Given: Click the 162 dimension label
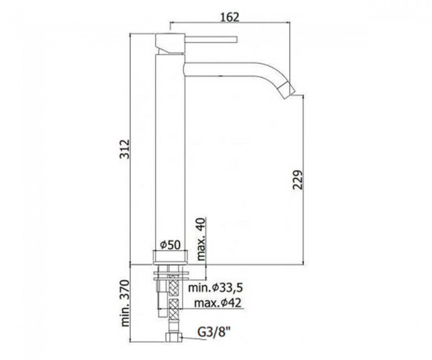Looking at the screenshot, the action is point(230,17).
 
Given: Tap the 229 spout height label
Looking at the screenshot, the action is point(297,180).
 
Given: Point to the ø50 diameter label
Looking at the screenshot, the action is point(170,245).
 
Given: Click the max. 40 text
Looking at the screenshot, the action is point(202,239).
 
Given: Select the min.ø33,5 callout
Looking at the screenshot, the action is point(215,288).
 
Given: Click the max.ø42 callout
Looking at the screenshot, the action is point(218,303).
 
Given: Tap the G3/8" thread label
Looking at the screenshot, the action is point(214,332).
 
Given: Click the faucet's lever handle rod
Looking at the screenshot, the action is point(211,39).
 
